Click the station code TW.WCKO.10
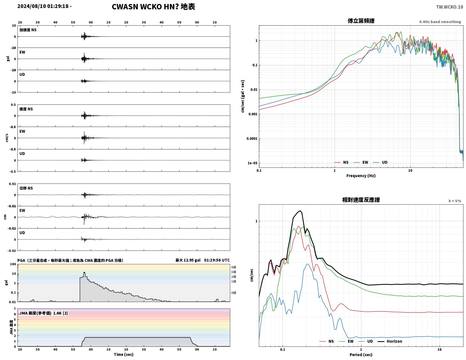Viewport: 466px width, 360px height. [449, 7]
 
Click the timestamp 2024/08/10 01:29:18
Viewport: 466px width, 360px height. [43, 6]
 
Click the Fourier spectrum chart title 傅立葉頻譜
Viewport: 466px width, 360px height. [361, 21]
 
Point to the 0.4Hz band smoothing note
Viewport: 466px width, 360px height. [440, 22]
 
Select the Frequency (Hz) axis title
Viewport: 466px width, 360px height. [361, 176]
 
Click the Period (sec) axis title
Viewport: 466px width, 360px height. [361, 355]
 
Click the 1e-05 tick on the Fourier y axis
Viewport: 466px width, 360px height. [252, 163]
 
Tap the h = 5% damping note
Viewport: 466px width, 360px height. [455, 201]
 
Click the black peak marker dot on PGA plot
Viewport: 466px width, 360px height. [84, 273]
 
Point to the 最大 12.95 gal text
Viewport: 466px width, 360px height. [188, 260]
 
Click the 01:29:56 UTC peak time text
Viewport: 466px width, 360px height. [217, 260]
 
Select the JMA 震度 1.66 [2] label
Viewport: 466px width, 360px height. [44, 313]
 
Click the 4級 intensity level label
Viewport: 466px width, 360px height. [234, 267]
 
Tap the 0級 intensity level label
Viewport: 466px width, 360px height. [234, 293]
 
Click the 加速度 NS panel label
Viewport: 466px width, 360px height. [28, 30]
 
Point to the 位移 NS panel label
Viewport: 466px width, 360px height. [26, 188]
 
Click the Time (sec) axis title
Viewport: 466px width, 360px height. [124, 354]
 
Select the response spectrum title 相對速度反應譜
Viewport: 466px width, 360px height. [361, 200]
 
